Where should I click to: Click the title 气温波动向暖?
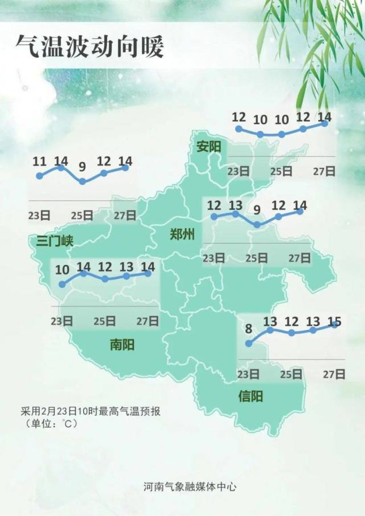[89, 46]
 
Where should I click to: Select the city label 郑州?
[182, 234]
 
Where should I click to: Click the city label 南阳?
[122, 344]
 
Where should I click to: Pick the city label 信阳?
[251, 397]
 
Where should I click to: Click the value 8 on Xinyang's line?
[248, 328]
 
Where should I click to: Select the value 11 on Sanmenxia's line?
[39, 162]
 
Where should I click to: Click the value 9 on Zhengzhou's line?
[257, 210]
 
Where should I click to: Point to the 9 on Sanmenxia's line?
[83, 167]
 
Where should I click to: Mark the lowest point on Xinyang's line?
[248, 343]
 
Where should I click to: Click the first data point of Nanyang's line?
[62, 283]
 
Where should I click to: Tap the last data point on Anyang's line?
[325, 123]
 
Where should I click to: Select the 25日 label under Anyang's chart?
[281, 171]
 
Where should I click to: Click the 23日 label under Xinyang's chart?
[248, 374]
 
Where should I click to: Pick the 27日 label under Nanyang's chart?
[148, 321]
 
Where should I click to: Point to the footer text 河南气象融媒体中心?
[190, 487]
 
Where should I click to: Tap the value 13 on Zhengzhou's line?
[235, 205]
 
